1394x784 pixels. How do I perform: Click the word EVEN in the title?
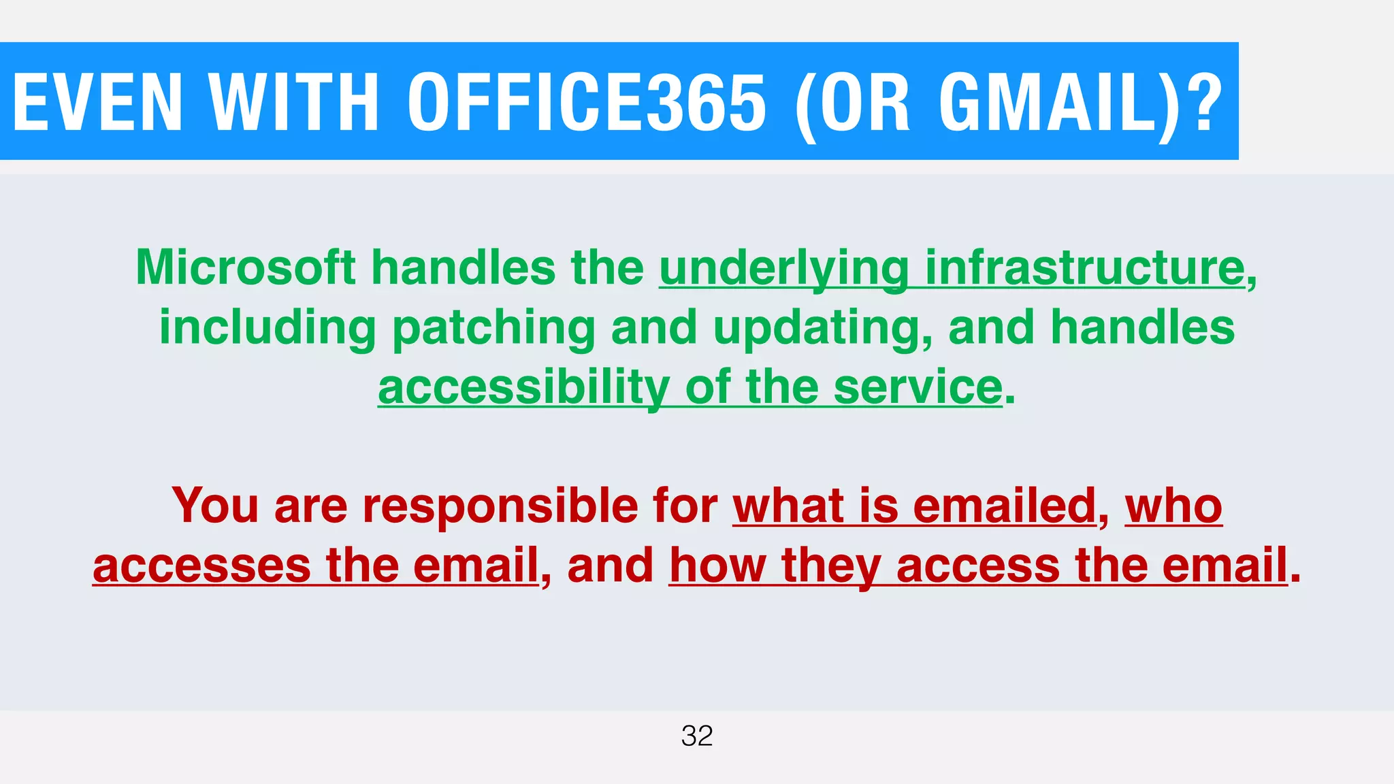coord(98,102)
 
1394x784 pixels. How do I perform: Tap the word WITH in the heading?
coord(293,102)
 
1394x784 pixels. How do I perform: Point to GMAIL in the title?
coord(1048,102)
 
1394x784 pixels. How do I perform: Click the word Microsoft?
coord(246,267)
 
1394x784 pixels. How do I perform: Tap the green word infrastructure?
coord(1085,267)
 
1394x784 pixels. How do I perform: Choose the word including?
coord(268,328)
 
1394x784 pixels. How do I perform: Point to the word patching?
coord(493,328)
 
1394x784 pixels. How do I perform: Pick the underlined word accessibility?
coord(523,388)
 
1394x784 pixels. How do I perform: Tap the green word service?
coord(918,387)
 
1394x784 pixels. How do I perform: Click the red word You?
coord(215,506)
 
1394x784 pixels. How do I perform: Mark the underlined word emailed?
coord(1004,506)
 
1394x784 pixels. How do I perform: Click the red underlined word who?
coord(1173,506)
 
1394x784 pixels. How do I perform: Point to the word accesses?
coord(201,566)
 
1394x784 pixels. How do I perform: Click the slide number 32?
coord(697,736)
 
